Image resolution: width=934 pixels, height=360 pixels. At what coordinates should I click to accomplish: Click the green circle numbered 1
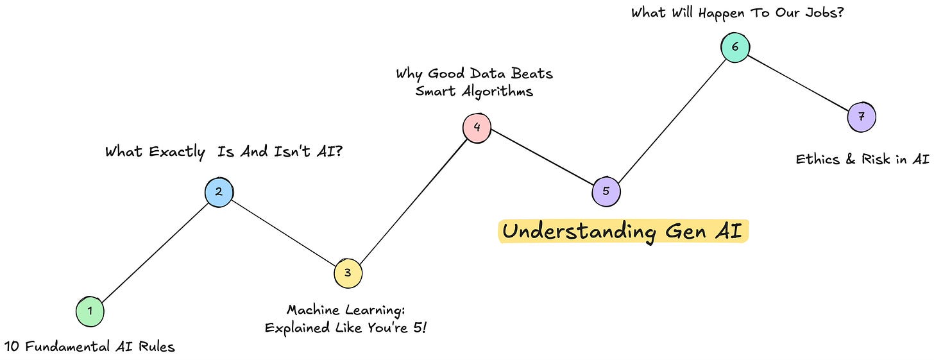pyautogui.click(x=90, y=311)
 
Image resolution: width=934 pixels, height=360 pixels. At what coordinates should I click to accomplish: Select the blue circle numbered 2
pyautogui.click(x=219, y=191)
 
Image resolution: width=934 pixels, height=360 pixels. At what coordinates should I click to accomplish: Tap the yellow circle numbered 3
pyautogui.click(x=348, y=273)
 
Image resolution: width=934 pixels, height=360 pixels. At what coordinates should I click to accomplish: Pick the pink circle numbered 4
pyautogui.click(x=477, y=127)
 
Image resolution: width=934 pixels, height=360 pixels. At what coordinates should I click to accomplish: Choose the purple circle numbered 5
pyautogui.click(x=606, y=191)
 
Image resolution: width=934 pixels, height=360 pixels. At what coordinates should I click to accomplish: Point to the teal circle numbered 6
pyautogui.click(x=734, y=47)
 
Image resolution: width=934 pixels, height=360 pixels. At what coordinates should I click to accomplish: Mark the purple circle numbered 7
pyautogui.click(x=861, y=117)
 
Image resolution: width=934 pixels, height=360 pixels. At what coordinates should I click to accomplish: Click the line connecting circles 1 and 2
pyautogui.click(x=154, y=252)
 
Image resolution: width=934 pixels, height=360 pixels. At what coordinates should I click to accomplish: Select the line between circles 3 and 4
pyautogui.click(x=412, y=200)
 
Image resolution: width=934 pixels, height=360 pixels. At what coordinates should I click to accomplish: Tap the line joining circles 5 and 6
pyautogui.click(x=670, y=119)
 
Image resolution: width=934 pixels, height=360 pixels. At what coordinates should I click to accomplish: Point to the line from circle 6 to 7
pyautogui.click(x=798, y=82)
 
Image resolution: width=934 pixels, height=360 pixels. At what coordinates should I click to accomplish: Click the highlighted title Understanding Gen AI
pyautogui.click(x=622, y=232)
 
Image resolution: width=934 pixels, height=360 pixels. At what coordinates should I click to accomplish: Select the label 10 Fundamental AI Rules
pyautogui.click(x=89, y=347)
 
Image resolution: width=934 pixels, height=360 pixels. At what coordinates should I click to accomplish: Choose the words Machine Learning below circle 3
pyautogui.click(x=345, y=311)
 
